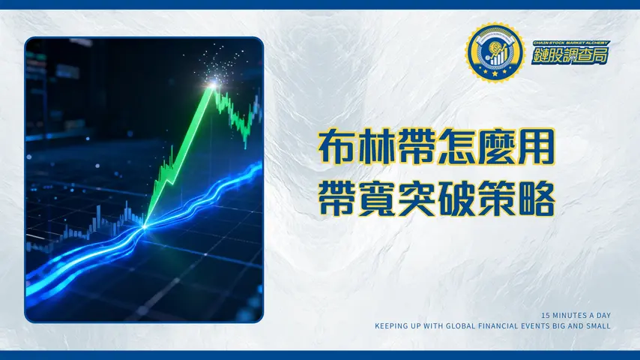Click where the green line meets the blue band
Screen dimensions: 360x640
point(143,223)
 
